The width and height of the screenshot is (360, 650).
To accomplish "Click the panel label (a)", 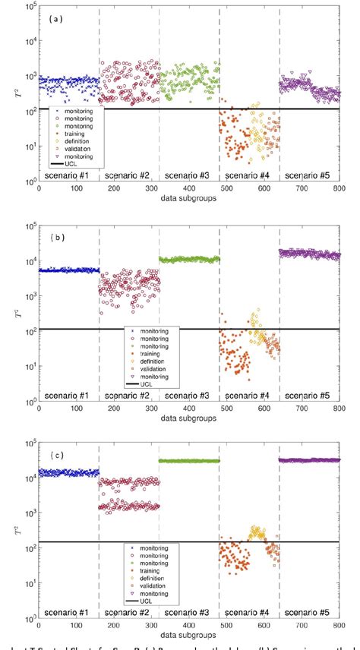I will point(57,18).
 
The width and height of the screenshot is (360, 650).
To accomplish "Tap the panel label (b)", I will point(57,237).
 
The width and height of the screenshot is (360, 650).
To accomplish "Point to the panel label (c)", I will point(57,455).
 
